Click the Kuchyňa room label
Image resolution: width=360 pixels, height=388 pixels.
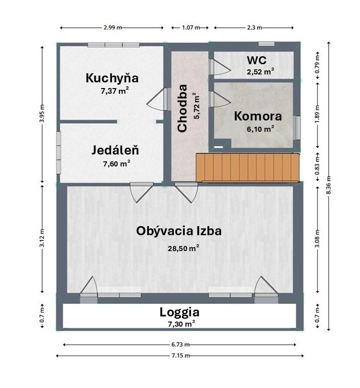[x=112, y=78]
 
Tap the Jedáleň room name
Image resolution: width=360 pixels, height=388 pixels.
[x=115, y=151]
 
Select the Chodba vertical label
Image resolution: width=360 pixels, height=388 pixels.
[x=183, y=108]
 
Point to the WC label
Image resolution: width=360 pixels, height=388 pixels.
[x=256, y=60]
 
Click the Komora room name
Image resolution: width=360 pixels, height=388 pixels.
[x=258, y=116]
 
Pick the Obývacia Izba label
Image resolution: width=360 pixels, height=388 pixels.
[x=179, y=231]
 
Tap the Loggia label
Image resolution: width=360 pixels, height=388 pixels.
[x=179, y=312]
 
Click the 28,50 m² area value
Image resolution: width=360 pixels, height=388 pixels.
[x=184, y=248]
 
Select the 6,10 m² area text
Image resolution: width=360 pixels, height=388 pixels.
[x=260, y=129]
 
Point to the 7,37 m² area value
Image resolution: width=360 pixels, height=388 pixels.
[x=115, y=91]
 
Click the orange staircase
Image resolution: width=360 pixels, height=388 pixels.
[x=248, y=168]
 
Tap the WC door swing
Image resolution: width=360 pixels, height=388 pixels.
[x=220, y=67]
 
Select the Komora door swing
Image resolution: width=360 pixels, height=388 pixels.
[x=220, y=99]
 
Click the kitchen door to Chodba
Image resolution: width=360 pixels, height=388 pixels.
[x=159, y=99]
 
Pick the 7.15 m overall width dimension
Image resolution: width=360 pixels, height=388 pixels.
[x=180, y=356]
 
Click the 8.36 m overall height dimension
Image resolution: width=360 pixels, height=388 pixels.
[x=329, y=186]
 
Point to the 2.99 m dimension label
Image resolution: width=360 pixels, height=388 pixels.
[x=113, y=27]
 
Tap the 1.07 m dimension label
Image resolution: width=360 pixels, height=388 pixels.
[x=191, y=27]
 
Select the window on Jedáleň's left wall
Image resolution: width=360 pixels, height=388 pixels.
[x=59, y=152]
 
